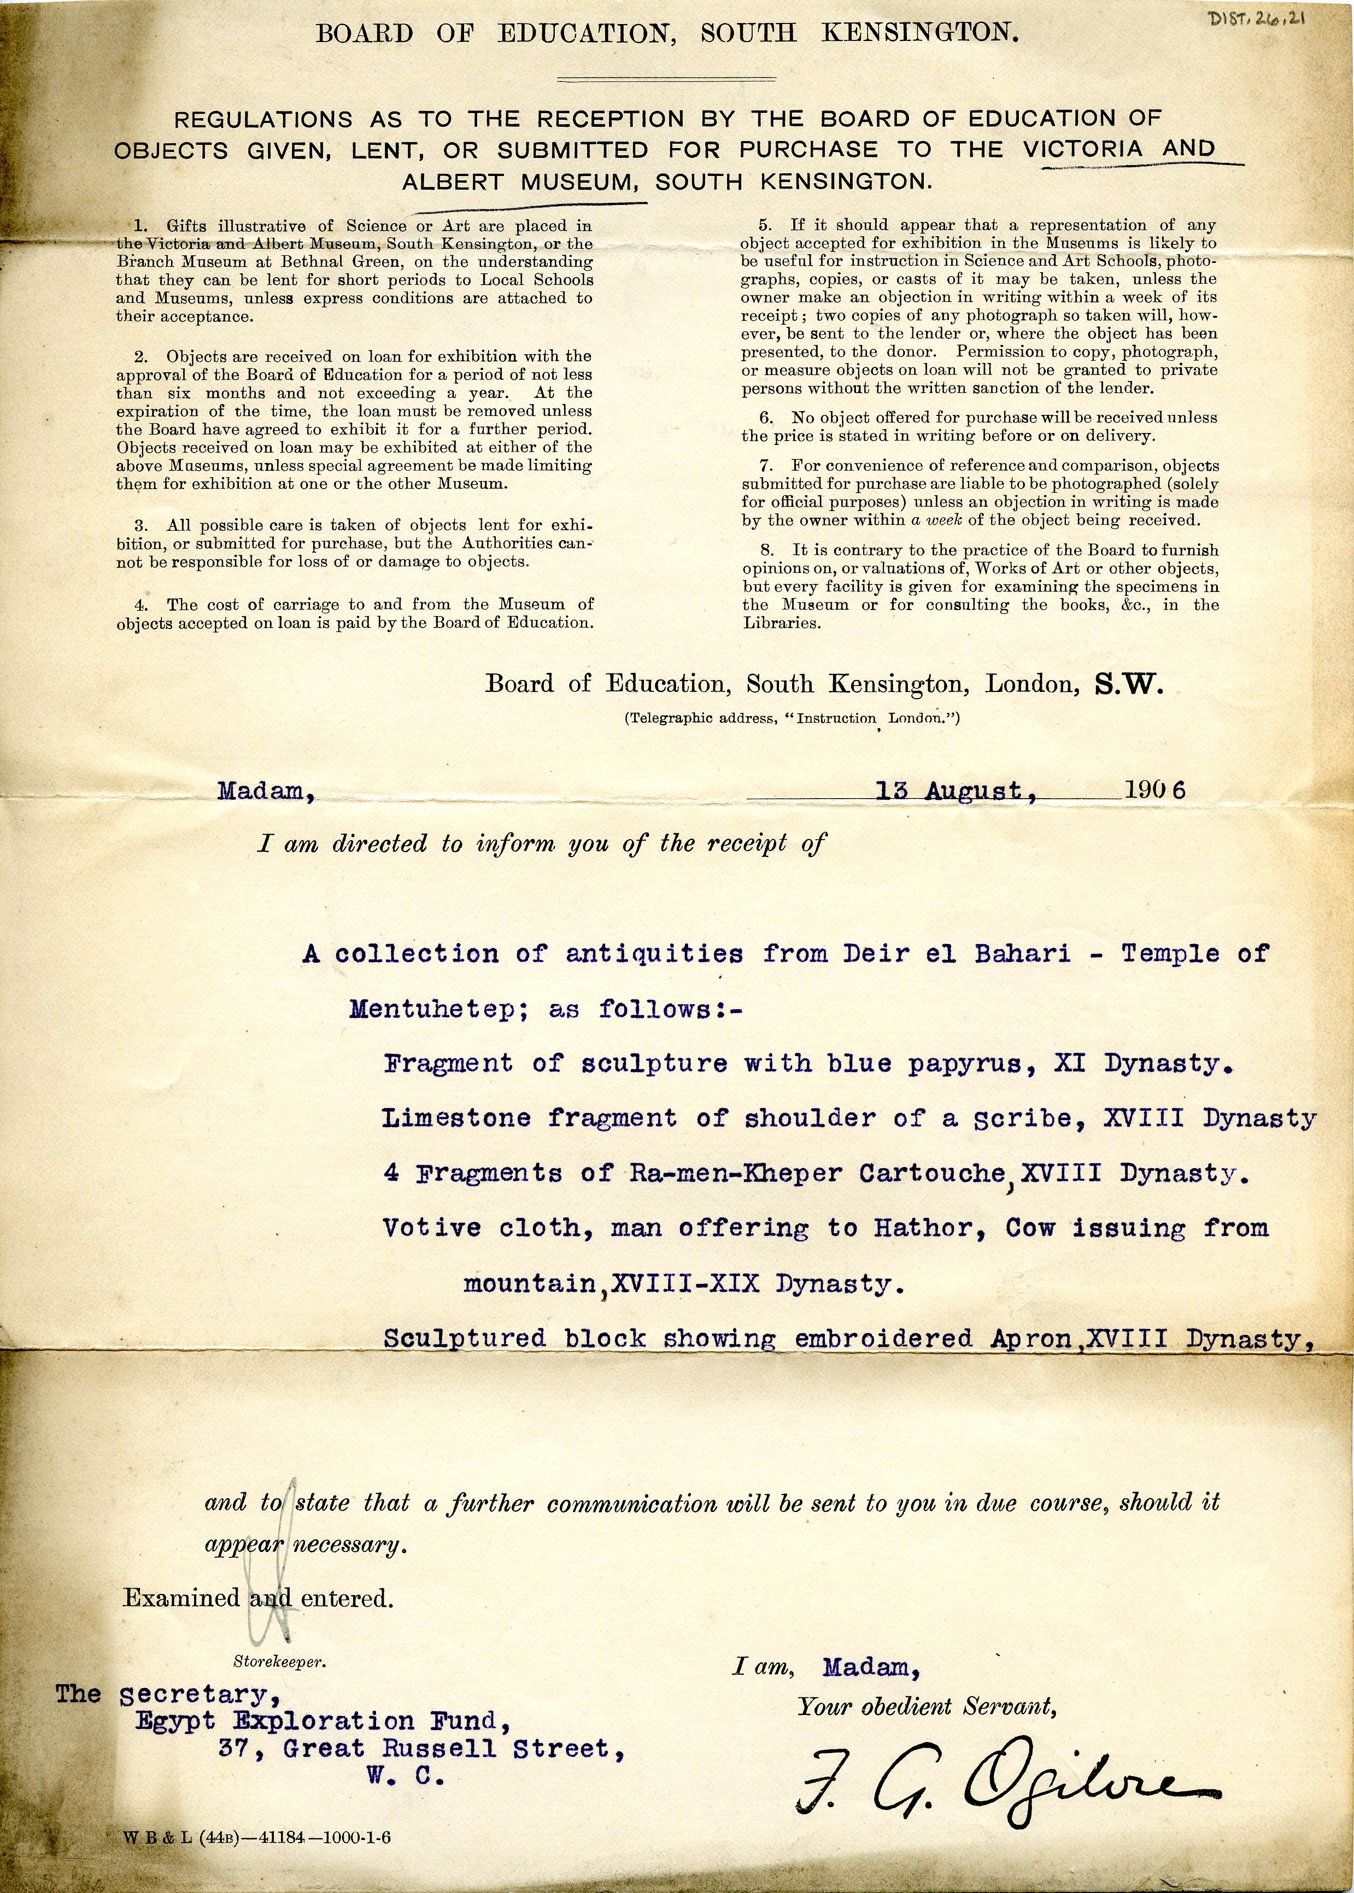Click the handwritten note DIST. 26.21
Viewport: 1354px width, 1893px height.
(1255, 19)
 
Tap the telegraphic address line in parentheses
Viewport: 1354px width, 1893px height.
(792, 718)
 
